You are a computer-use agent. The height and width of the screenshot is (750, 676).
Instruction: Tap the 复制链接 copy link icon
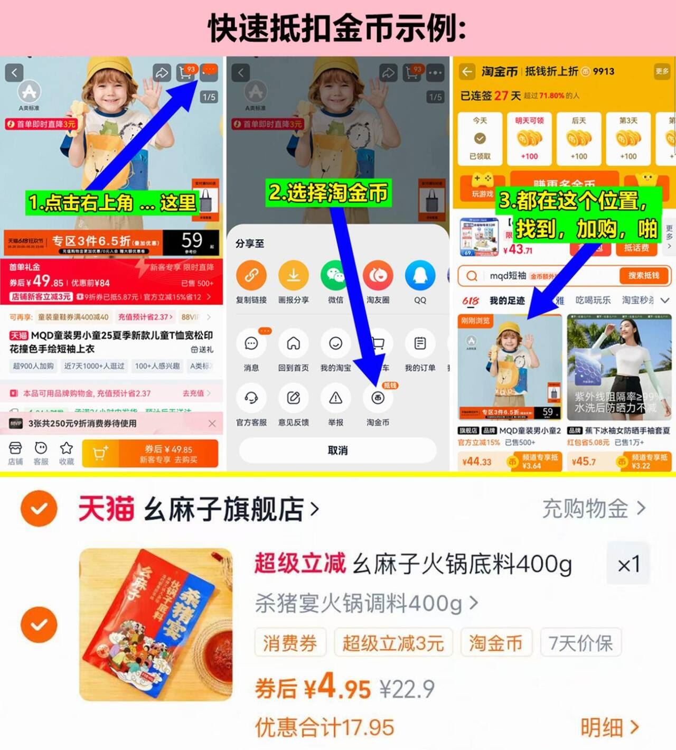[251, 275]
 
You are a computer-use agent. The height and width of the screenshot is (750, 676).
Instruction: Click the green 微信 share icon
[335, 275]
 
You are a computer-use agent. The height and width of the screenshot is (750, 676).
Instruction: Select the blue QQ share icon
[420, 275]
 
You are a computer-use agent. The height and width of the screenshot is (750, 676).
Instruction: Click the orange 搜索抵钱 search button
[643, 276]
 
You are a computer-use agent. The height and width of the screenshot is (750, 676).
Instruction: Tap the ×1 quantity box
[628, 564]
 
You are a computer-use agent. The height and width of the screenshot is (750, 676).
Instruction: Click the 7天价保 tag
[580, 643]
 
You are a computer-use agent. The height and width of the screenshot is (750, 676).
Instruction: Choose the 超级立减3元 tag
[393, 643]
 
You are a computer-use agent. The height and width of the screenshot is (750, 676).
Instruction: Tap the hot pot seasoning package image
[156, 625]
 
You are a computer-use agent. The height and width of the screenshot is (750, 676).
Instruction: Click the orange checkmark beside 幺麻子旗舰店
[39, 508]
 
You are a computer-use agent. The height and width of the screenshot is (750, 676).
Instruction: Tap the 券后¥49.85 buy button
[168, 454]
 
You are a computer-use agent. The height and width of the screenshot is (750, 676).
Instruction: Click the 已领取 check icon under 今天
[480, 138]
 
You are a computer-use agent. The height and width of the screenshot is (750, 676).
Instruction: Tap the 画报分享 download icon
[293, 275]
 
